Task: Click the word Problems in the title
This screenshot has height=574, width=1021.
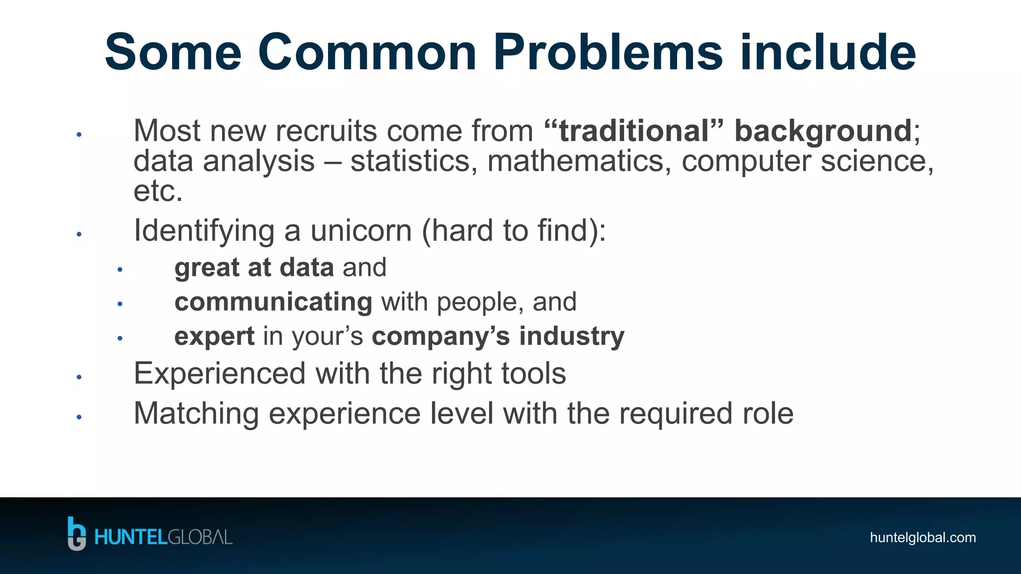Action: click(608, 52)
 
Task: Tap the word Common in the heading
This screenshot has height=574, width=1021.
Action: click(367, 52)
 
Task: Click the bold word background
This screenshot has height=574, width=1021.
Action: click(823, 132)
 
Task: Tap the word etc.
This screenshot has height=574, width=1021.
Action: click(158, 191)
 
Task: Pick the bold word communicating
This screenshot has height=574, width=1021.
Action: click(273, 302)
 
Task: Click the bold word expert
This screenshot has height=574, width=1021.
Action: click(214, 337)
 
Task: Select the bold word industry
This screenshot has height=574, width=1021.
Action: click(571, 337)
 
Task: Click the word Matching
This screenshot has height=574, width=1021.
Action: click(196, 414)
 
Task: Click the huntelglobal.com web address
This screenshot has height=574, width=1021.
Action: click(922, 538)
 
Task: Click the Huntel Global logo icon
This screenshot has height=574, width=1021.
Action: click(77, 534)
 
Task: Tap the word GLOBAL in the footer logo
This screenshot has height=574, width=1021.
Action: click(200, 538)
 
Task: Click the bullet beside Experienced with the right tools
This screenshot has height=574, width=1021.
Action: click(79, 377)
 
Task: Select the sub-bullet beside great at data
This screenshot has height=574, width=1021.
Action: click(120, 270)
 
